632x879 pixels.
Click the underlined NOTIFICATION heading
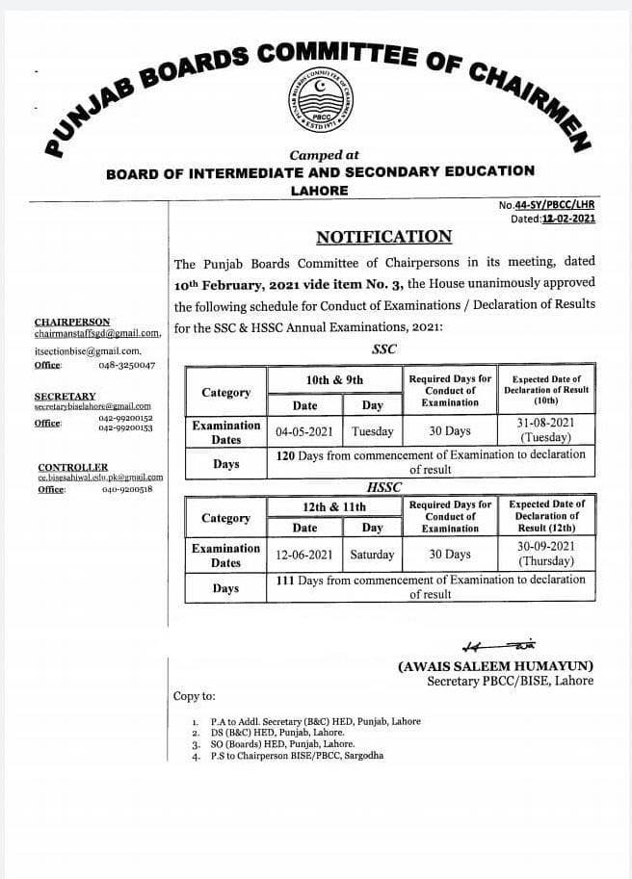coord(383,237)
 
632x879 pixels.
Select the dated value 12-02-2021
coord(567,219)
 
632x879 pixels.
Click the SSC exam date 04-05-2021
coord(304,431)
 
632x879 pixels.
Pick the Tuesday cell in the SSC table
coord(372,431)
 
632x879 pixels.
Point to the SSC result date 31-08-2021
coord(546,423)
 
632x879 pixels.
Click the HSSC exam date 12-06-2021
coord(304,555)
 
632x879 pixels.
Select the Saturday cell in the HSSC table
coord(372,555)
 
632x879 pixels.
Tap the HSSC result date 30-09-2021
coord(546,545)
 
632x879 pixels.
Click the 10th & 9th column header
coord(334,380)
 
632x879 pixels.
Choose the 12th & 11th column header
coord(334,505)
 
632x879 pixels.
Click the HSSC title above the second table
coord(383,488)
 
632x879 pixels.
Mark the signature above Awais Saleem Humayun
coord(499,646)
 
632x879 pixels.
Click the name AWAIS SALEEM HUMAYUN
coord(495,666)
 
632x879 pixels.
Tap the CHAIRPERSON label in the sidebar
coord(72,322)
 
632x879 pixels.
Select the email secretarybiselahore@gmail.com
coord(92,407)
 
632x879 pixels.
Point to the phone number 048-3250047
coord(126,365)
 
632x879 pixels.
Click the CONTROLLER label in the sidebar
coord(73,467)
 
